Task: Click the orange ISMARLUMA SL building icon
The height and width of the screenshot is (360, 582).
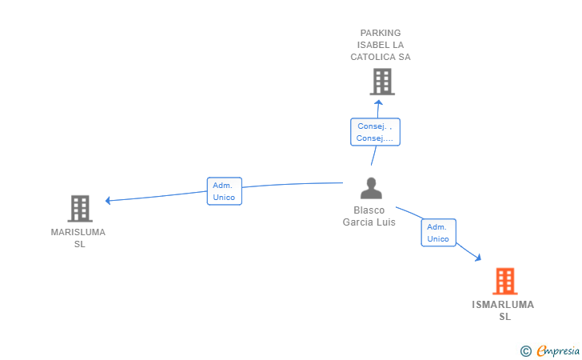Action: point(504,281)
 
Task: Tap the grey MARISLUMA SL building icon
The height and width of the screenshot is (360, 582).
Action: point(80,209)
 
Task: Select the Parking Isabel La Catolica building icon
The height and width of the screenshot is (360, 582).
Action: point(381,82)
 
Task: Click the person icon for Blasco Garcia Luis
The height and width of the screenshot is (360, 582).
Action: point(370,188)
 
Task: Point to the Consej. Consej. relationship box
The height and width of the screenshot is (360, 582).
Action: point(375,132)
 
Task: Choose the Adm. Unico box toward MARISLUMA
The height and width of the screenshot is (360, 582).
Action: point(224,191)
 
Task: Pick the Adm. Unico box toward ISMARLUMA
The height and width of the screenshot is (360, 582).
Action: point(438,233)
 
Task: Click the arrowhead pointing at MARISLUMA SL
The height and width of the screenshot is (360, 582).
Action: point(109,200)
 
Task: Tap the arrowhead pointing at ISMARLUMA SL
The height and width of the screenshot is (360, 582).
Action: point(477,258)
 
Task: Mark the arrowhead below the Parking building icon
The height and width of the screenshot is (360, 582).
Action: point(380,102)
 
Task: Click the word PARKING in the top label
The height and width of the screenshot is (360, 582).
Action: point(381,33)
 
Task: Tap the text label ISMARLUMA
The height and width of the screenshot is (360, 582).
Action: point(503,305)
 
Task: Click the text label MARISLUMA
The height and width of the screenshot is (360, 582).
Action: point(78,232)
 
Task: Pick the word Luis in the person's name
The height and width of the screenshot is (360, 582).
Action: point(385,222)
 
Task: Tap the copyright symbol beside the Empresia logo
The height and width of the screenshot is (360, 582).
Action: point(525,350)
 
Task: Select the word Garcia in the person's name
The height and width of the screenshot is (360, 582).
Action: point(358,222)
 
